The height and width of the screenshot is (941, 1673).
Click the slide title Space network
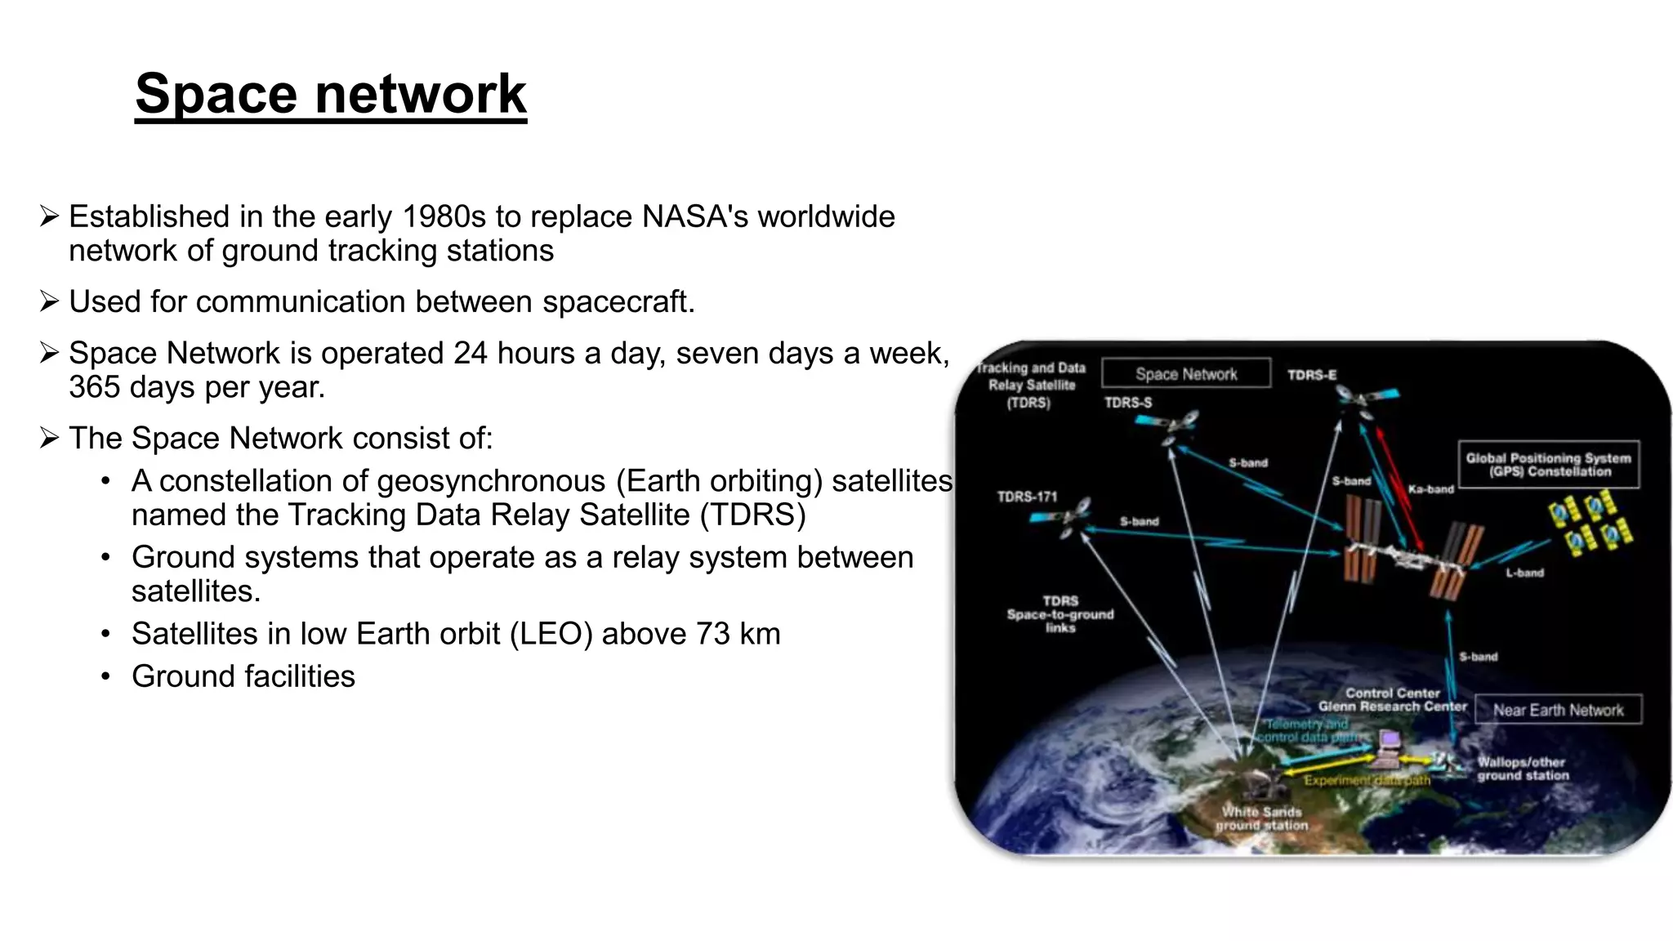point(330,94)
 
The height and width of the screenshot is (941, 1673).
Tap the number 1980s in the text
point(444,216)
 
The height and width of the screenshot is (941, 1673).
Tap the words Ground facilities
point(243,676)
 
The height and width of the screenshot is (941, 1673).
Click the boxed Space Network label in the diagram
point(1185,374)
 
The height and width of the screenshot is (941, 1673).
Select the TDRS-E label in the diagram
point(1311,375)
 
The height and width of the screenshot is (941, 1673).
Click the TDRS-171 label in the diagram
point(1027,497)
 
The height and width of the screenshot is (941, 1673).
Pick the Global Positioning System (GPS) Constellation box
point(1548,465)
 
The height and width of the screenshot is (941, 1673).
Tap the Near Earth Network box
point(1558,710)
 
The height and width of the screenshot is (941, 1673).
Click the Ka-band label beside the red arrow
point(1430,489)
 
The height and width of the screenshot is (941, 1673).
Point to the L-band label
point(1524,573)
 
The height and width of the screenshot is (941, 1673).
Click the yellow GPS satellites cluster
point(1590,523)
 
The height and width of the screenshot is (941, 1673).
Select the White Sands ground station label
point(1261,818)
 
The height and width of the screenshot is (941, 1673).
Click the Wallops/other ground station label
point(1522,769)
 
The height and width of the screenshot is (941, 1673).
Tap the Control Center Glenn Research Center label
point(1392,700)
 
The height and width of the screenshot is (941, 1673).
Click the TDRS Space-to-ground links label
point(1060,614)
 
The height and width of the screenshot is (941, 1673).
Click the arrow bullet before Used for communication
point(49,301)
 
